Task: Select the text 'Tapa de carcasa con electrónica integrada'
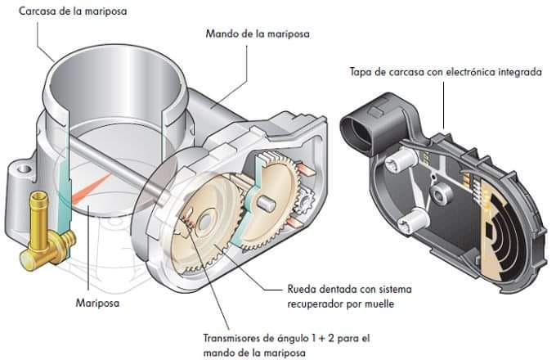(445, 72)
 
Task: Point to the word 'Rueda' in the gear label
(302, 289)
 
